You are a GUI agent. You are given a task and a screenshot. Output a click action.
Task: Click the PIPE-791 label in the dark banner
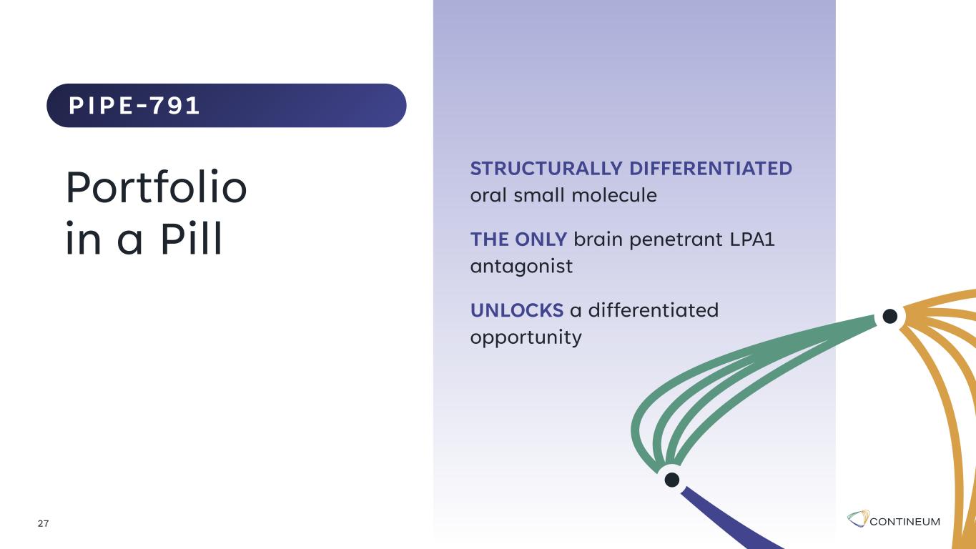(134, 106)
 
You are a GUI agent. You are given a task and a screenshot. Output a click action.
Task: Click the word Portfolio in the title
(157, 187)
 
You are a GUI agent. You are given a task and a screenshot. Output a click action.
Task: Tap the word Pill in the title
(192, 238)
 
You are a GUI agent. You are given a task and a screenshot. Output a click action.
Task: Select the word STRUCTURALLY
(546, 169)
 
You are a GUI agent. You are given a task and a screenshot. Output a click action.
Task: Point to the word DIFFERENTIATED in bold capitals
(711, 169)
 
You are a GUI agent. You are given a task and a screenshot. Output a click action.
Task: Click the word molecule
(614, 194)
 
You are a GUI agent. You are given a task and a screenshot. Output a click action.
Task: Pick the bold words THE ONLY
(518, 239)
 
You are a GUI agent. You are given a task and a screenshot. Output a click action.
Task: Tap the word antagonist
(521, 266)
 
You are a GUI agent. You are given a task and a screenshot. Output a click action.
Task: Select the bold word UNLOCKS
(517, 310)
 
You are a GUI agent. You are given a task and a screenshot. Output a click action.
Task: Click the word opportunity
(526, 337)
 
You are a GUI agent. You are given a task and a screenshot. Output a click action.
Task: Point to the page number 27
(43, 523)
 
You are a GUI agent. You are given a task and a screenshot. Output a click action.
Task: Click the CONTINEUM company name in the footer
(904, 522)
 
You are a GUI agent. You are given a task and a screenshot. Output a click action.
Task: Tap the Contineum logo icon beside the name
(858, 518)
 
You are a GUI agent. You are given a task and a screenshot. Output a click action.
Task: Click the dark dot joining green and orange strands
(889, 317)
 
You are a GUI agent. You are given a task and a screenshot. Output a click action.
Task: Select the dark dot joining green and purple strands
(672, 480)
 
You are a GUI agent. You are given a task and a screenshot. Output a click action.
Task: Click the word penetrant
(676, 240)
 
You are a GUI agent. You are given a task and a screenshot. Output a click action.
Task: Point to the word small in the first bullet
(539, 194)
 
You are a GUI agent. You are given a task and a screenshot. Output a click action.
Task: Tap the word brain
(598, 239)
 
